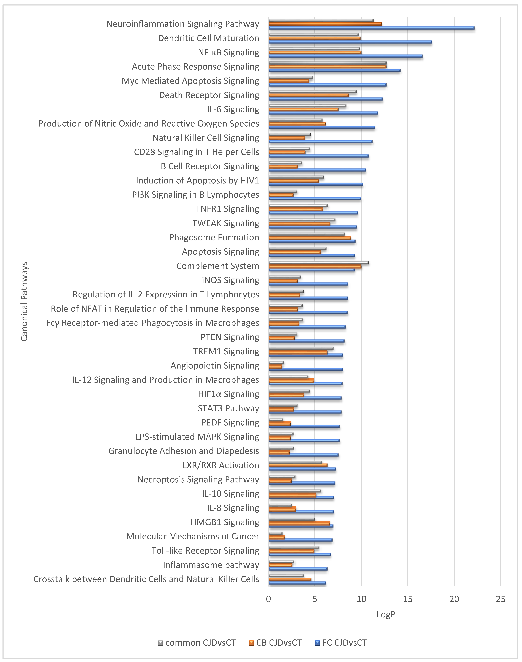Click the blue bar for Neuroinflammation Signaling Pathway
coord(371,28)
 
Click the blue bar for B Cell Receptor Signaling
coord(317,170)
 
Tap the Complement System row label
coord(218,266)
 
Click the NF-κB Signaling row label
coord(228,53)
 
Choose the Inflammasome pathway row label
coord(211,565)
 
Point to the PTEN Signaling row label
coord(230,337)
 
